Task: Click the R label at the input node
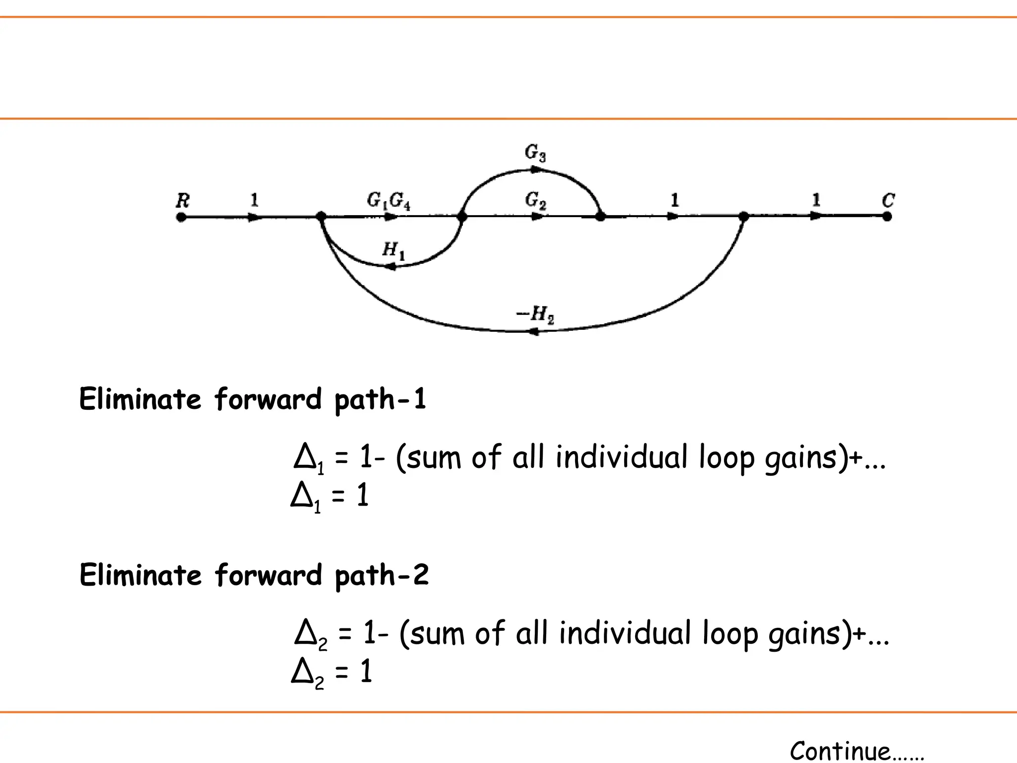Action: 183,201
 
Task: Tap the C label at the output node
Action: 888,201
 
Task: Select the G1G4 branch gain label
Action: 388,201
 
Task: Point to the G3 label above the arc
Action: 535,153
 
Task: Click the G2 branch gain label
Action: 535,201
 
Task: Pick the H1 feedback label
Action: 393,250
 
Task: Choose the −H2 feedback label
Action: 535,314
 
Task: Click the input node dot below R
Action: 181,217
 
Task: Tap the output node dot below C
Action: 887,217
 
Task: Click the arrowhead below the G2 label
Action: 536,217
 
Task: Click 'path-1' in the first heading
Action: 380,400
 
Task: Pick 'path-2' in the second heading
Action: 381,576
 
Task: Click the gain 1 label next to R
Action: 254,200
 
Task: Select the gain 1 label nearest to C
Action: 816,200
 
